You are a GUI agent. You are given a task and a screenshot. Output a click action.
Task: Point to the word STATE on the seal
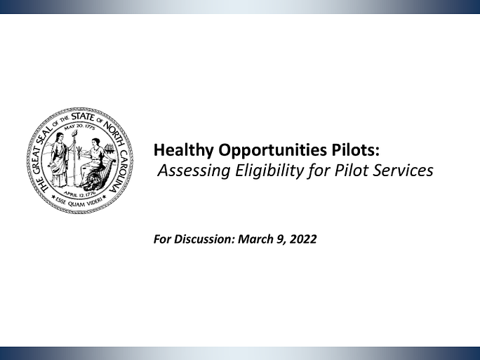[x=82, y=116]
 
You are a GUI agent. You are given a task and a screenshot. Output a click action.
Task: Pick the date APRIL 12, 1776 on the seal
[x=80, y=194]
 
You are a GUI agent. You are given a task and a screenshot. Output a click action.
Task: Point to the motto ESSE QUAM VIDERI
[x=80, y=201]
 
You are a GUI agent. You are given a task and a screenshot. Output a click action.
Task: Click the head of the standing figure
[x=60, y=135]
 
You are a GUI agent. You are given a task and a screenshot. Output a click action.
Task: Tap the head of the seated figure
[x=95, y=142]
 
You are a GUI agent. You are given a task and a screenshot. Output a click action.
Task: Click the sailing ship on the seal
[x=110, y=149]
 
